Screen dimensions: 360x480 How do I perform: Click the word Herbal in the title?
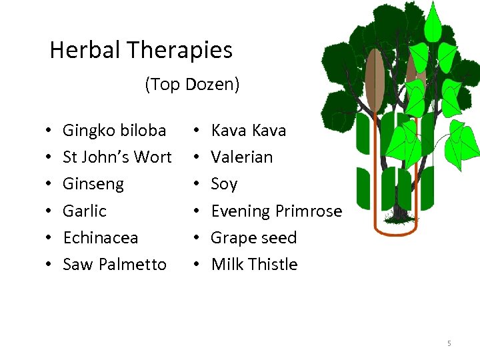coord(86,50)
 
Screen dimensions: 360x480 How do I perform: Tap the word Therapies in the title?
coord(180,50)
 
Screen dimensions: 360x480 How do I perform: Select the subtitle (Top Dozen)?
coord(192,85)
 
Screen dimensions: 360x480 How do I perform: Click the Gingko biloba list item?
coord(114,130)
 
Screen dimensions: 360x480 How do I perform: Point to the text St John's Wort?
coord(117,157)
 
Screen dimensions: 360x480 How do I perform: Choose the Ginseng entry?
coord(93,183)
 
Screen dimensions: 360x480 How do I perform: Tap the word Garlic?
coord(84,211)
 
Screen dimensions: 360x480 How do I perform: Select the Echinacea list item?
coord(100,237)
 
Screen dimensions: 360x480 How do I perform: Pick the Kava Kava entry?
coord(248,130)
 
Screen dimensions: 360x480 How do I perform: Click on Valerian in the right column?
coord(241,157)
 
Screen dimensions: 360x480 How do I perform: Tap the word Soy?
coord(224,183)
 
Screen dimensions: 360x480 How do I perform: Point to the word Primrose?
coord(309,211)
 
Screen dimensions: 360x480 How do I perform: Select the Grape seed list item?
coord(253,237)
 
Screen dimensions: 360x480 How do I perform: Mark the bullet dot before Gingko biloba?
coord(50,131)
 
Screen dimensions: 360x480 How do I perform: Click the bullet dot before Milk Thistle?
coord(198,265)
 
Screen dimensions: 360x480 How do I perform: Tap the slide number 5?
coord(449,343)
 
